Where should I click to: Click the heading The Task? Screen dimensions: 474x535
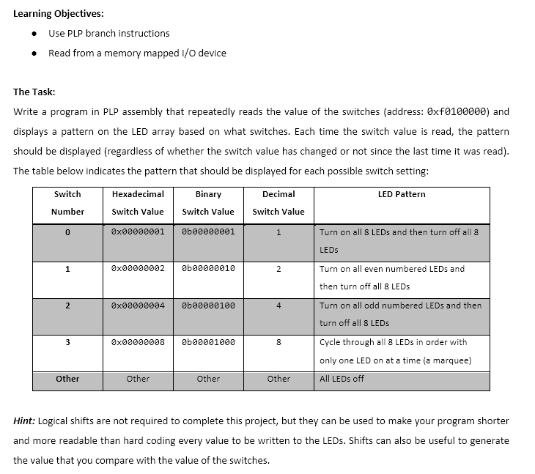tap(34, 92)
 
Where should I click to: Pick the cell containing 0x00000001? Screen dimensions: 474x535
tap(138, 232)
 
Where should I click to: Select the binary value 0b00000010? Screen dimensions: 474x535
tap(208, 268)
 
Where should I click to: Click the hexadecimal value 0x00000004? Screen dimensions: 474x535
tap(138, 305)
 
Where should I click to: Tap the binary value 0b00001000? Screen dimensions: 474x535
tap(208, 341)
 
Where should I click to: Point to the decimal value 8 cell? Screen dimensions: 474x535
tap(278, 342)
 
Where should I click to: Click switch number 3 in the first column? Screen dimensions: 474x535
tap(67, 342)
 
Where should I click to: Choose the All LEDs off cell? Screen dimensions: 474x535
tap(342, 379)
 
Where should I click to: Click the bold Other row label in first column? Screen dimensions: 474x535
tap(67, 379)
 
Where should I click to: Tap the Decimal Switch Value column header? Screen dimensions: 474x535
tap(278, 203)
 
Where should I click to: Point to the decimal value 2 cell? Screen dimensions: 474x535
tap(278, 269)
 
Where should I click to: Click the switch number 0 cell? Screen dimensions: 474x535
tap(67, 232)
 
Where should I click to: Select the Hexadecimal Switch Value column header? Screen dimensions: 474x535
tap(138, 203)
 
